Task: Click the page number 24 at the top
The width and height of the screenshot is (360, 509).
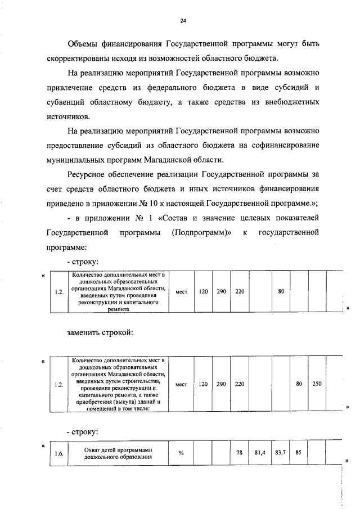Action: click(x=183, y=21)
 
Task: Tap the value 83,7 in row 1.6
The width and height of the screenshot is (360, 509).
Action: click(x=280, y=453)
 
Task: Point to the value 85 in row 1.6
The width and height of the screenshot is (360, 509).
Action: click(x=299, y=453)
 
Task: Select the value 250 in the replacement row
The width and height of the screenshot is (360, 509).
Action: click(x=317, y=384)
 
